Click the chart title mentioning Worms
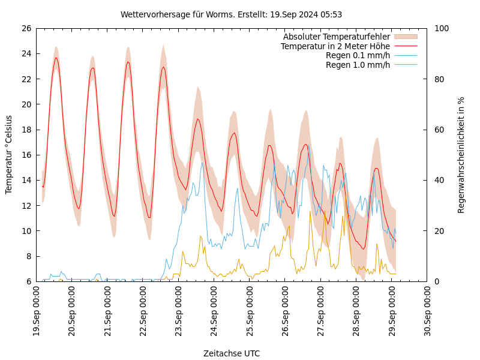[231, 14]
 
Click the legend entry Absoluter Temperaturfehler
[336, 37]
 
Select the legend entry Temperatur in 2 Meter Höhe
[335, 46]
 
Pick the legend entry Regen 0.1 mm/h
[358, 55]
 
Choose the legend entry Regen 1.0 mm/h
[358, 65]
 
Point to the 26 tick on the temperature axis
[26, 28]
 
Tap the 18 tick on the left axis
[26, 130]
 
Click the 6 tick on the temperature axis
[28, 281]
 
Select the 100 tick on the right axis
[441, 28]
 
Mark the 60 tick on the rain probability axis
[439, 130]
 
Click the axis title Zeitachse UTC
[231, 353]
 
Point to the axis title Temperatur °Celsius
[9, 155]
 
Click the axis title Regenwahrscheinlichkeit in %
[461, 155]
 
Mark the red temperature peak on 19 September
[56, 58]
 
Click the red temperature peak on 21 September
[128, 61]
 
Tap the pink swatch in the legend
[405, 37]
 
